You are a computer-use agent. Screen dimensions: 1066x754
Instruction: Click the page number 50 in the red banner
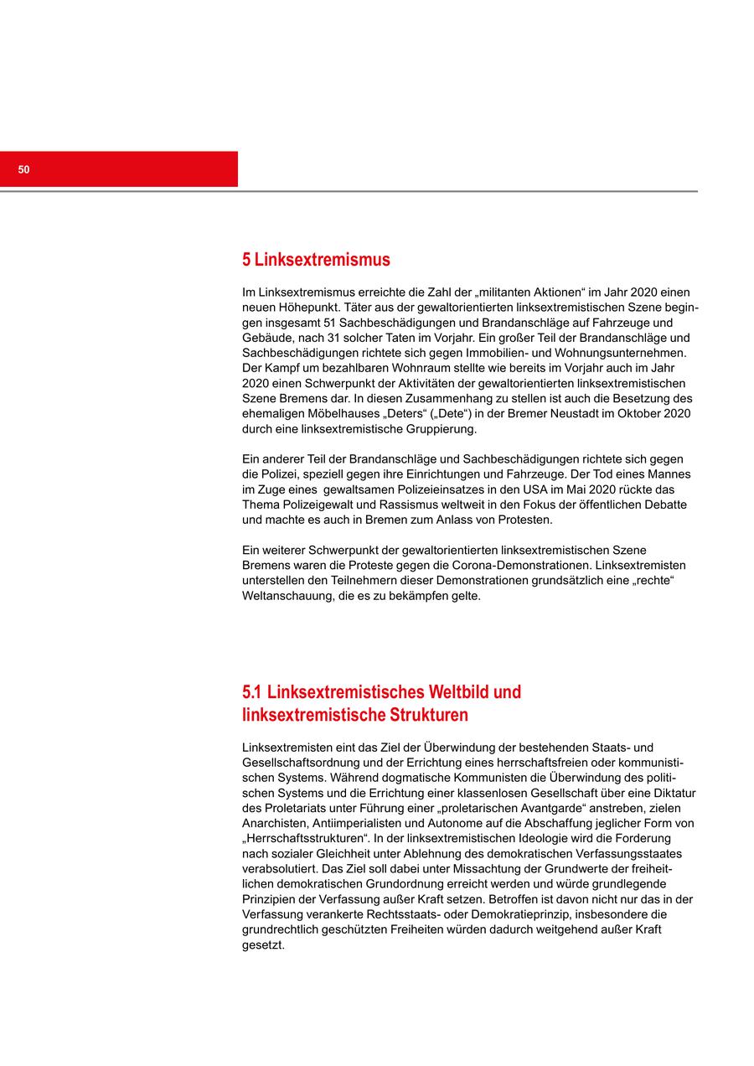pyautogui.click(x=23, y=169)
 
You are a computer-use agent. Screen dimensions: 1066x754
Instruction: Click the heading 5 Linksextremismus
pyautogui.click(x=316, y=260)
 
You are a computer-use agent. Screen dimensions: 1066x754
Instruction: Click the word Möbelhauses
pyautogui.click(x=352, y=414)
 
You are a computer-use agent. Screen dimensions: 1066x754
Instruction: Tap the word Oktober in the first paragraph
pyautogui.click(x=637, y=414)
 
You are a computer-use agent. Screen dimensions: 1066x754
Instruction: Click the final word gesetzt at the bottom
pyautogui.click(x=263, y=944)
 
